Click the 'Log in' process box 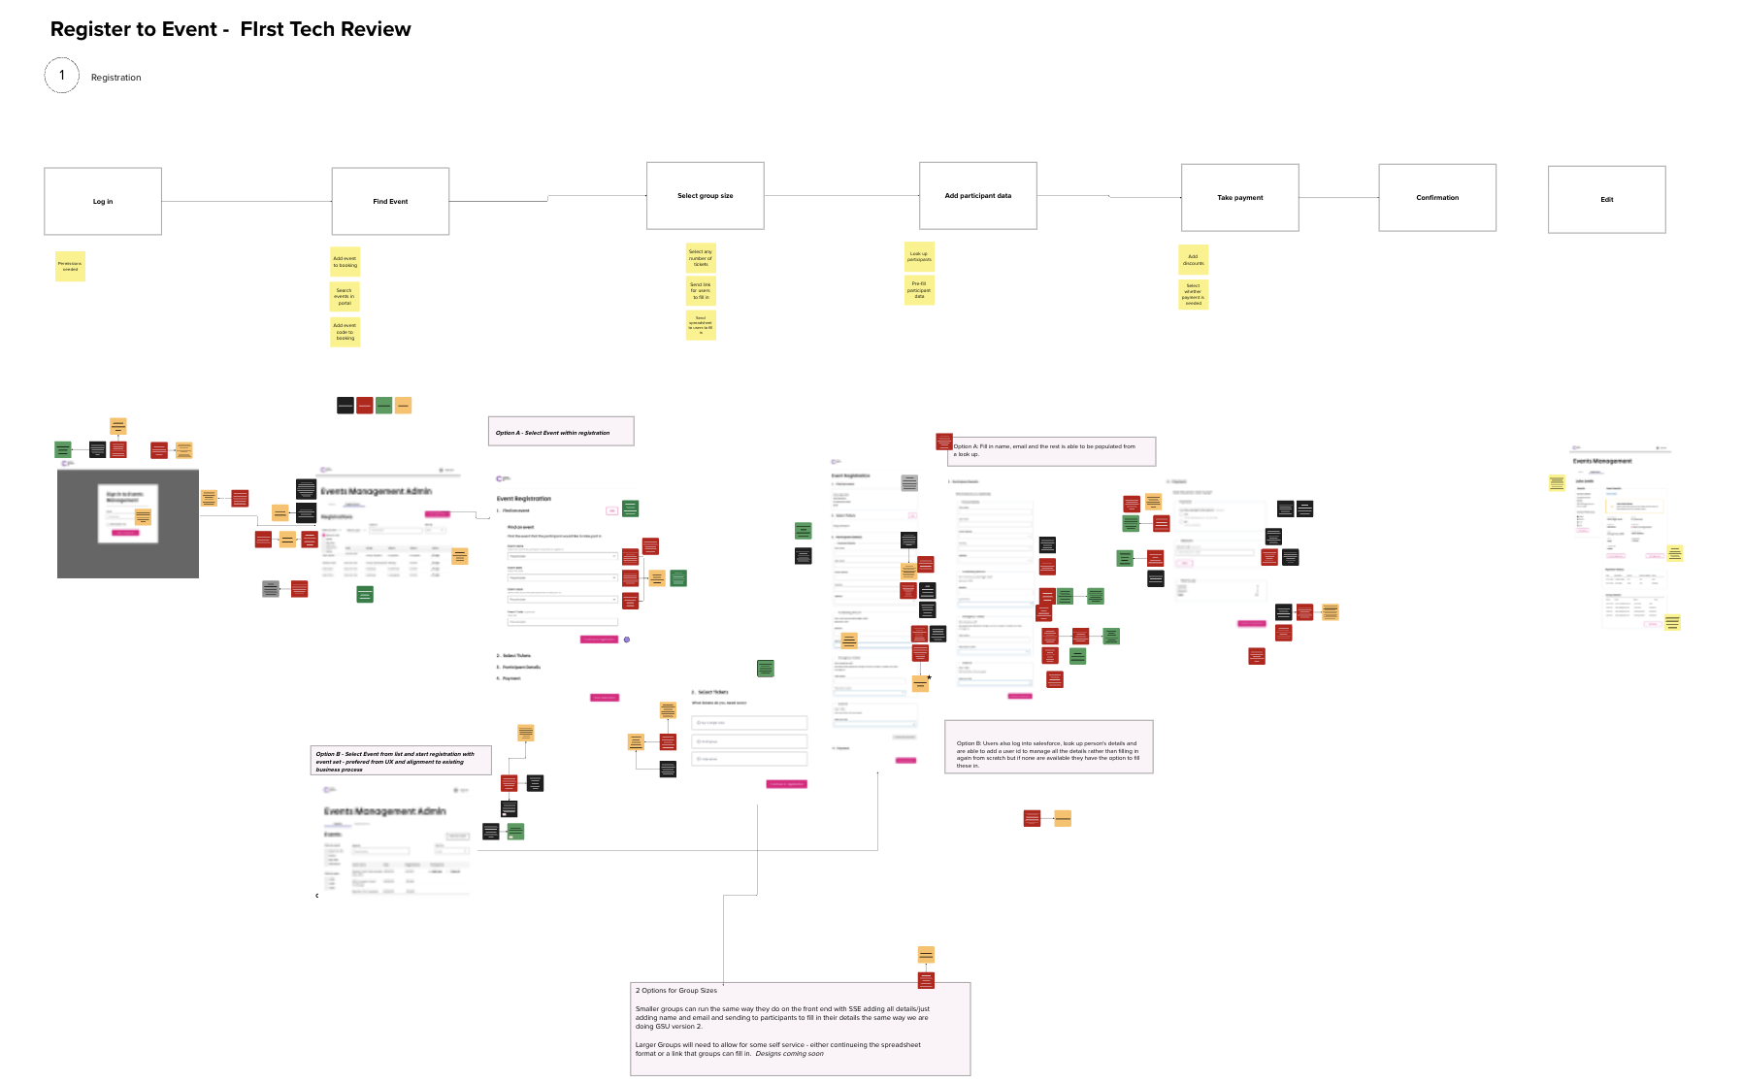coord(103,201)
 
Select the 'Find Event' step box coord(390,201)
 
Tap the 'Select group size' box coord(706,196)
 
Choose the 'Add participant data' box coord(978,196)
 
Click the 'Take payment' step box coord(1240,197)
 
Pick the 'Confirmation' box coord(1437,197)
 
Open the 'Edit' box coord(1607,199)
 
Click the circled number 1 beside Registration coord(62,76)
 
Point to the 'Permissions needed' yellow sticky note coord(70,266)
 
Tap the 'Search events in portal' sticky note coord(345,296)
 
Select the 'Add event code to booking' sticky coord(345,332)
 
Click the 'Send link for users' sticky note coord(701,290)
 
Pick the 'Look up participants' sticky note coord(919,256)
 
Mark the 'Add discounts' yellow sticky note coord(1194,260)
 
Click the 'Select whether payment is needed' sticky coord(1194,295)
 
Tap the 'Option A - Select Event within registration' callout coord(561,432)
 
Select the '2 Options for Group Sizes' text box coord(800,1028)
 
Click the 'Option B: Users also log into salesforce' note coord(1048,747)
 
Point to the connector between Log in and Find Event coord(247,201)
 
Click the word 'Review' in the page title coord(375,29)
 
